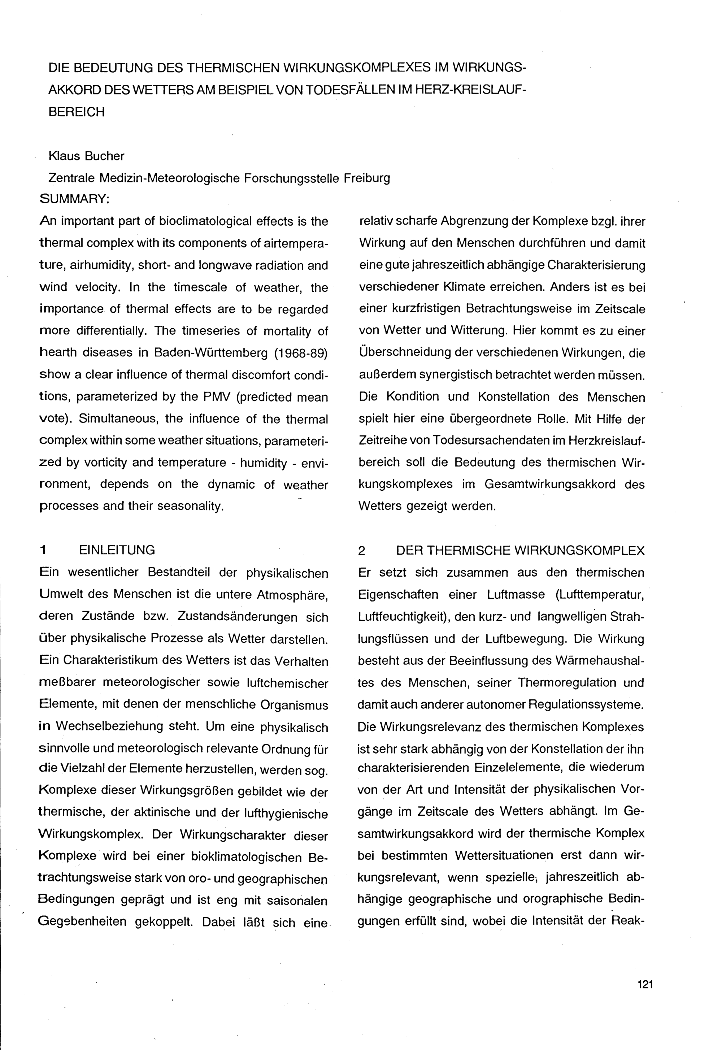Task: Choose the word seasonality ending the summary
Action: point(191,506)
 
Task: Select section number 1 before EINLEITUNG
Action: point(43,550)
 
